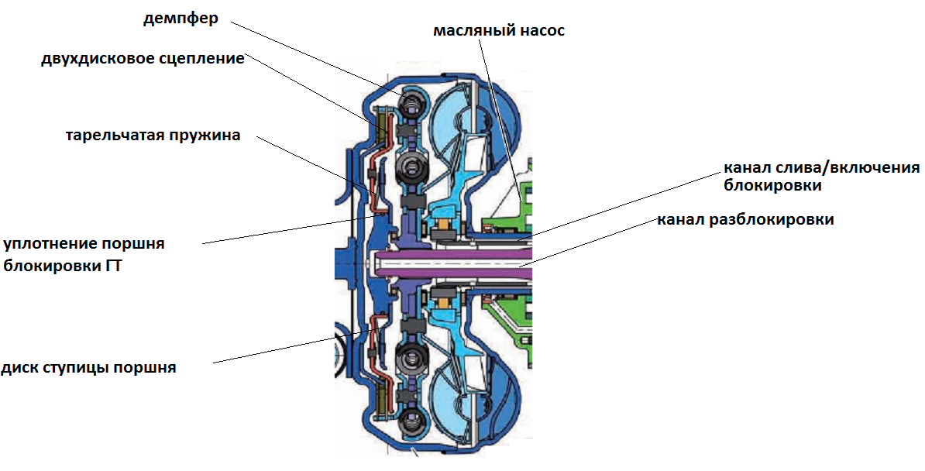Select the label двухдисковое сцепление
click(x=143, y=60)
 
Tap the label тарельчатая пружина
click(x=153, y=136)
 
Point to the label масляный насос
click(x=499, y=31)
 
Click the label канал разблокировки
click(x=745, y=219)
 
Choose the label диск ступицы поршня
click(x=88, y=367)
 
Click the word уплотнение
click(x=50, y=244)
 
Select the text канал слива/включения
click(x=821, y=168)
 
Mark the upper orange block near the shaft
click(x=445, y=229)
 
